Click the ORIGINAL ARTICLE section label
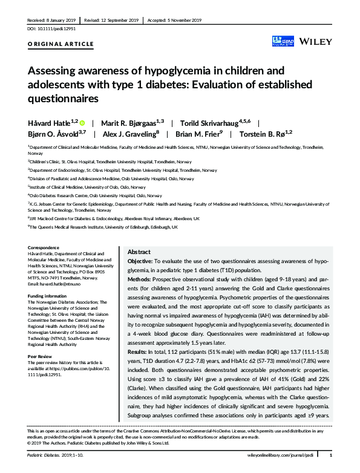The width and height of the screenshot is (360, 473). (61, 44)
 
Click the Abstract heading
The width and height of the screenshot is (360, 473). (139, 252)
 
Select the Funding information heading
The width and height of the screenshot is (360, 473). (50, 296)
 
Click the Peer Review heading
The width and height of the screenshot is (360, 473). (41, 357)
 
